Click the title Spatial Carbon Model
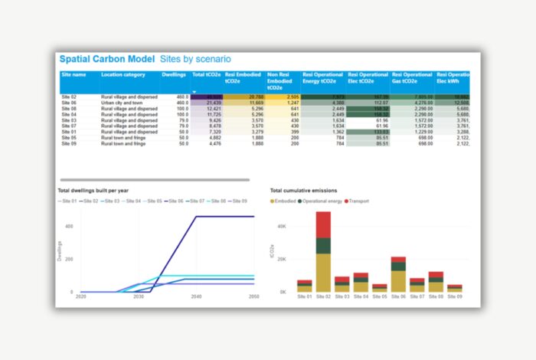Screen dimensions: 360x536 (x=106, y=59)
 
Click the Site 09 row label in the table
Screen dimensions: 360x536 (x=69, y=143)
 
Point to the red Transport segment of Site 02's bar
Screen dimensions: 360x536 (x=324, y=224)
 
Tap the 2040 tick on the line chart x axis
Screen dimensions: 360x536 (x=195, y=296)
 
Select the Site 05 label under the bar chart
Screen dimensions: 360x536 (x=380, y=296)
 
